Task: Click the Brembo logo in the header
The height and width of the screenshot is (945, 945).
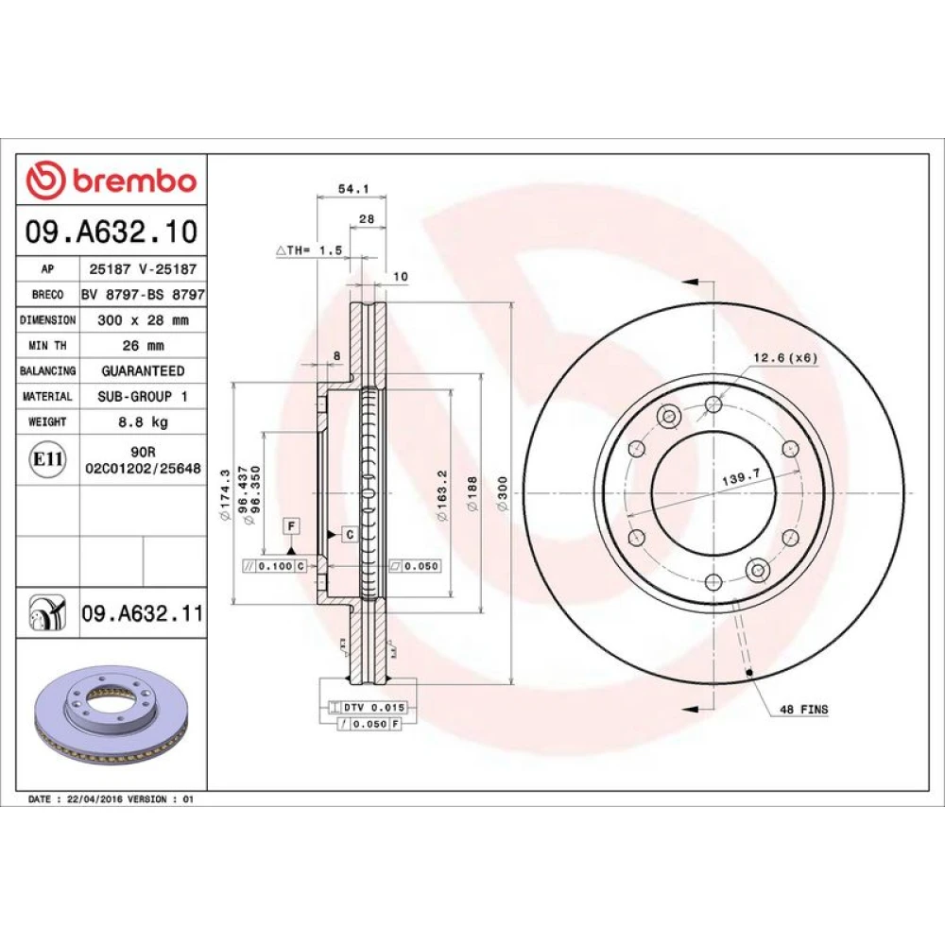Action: click(x=112, y=180)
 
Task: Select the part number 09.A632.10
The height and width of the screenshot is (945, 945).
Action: click(x=112, y=232)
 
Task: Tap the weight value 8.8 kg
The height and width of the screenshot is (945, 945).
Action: click(x=143, y=421)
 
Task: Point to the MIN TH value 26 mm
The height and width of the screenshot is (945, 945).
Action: click(x=143, y=346)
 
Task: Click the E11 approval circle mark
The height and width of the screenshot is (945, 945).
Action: click(x=47, y=459)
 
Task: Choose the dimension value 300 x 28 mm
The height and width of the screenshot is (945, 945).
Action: click(x=143, y=320)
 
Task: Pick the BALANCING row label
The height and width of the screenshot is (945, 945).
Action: click(x=47, y=371)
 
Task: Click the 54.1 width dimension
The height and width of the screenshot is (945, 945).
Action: click(x=353, y=189)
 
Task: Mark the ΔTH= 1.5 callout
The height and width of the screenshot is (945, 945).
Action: click(x=309, y=250)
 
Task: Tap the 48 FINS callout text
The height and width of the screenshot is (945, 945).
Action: click(x=804, y=710)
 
